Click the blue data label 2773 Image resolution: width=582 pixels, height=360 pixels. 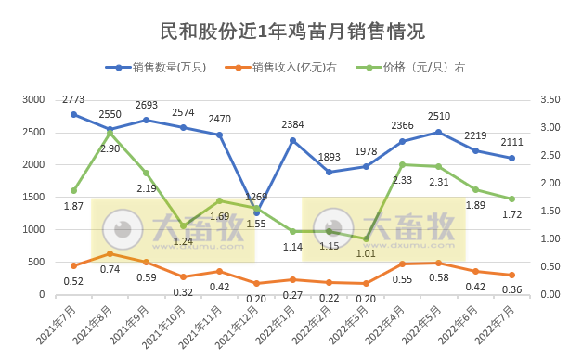point(74,99)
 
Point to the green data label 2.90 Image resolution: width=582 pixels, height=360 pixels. point(110,148)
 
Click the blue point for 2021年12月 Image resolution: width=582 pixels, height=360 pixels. point(257,213)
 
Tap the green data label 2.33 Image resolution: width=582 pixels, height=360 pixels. point(403,180)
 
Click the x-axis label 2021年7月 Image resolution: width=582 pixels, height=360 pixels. point(58,326)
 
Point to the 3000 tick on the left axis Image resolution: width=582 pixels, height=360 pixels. point(33,99)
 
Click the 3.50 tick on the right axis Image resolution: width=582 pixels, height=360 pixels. point(550,99)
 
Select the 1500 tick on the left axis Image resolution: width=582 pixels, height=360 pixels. point(33,197)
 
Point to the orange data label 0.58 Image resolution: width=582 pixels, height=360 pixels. point(440,278)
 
